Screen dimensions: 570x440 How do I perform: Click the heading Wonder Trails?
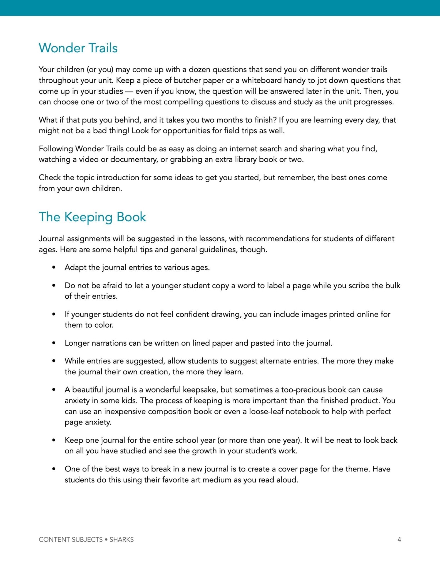pyautogui.click(x=78, y=48)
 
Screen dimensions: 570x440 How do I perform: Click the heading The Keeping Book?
pyautogui.click(x=92, y=217)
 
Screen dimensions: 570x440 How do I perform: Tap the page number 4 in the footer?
pyautogui.click(x=399, y=539)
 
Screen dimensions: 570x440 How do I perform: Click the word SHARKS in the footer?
pyautogui.click(x=121, y=539)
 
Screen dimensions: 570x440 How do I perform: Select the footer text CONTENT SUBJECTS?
pyautogui.click(x=71, y=539)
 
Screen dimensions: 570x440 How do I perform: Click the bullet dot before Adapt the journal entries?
pyautogui.click(x=54, y=267)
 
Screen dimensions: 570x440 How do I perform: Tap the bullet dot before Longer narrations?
pyautogui.click(x=54, y=343)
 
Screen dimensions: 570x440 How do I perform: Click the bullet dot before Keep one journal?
pyautogui.click(x=54, y=440)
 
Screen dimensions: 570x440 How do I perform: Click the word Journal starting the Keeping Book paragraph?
pyautogui.click(x=52, y=239)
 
